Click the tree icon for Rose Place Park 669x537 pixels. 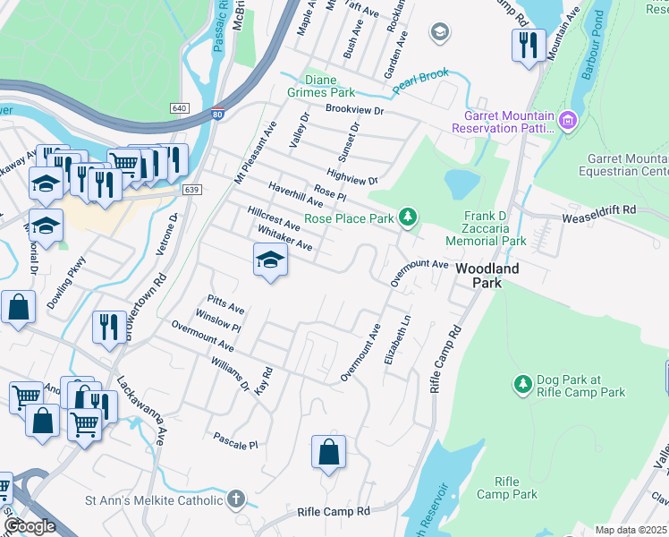(x=408, y=217)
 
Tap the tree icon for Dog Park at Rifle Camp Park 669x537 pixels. (x=522, y=385)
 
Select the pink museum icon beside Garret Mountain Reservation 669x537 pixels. (x=565, y=120)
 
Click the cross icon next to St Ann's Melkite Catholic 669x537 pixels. (x=235, y=498)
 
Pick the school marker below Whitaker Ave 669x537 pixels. (x=270, y=260)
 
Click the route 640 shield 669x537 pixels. (x=180, y=107)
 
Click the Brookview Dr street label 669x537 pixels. (x=354, y=110)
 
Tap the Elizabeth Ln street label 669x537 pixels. (x=398, y=339)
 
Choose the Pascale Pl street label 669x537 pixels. (x=235, y=441)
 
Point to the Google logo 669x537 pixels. (x=30, y=526)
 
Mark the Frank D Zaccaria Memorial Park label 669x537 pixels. (x=495, y=228)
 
